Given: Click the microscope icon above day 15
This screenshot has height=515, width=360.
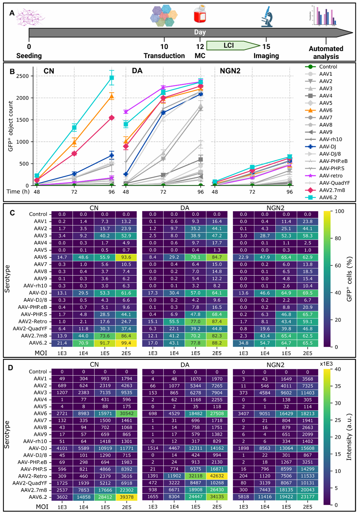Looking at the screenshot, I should point(267,17).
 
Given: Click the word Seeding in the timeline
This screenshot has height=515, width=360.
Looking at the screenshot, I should point(29,56).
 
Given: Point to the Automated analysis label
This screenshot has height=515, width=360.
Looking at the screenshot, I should point(326,52).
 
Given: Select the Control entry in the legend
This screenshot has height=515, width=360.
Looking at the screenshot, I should point(328,67).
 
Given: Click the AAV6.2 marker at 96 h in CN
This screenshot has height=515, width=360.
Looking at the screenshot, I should point(111,78).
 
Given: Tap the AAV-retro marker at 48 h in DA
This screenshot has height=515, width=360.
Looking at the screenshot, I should point(126,112).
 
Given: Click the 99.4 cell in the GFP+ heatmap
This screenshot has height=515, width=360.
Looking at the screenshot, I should point(126,343).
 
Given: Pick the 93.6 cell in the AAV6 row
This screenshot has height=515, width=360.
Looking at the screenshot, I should point(126,257).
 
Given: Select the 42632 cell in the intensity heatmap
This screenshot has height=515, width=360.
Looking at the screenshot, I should point(217,476).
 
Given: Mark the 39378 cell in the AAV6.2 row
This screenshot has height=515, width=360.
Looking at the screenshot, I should point(126,497).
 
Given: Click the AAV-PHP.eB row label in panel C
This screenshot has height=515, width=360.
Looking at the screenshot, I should point(33,307).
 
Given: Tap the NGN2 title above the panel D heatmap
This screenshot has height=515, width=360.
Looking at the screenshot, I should point(275,365).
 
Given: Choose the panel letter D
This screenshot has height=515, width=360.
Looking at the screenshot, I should point(10,368).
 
